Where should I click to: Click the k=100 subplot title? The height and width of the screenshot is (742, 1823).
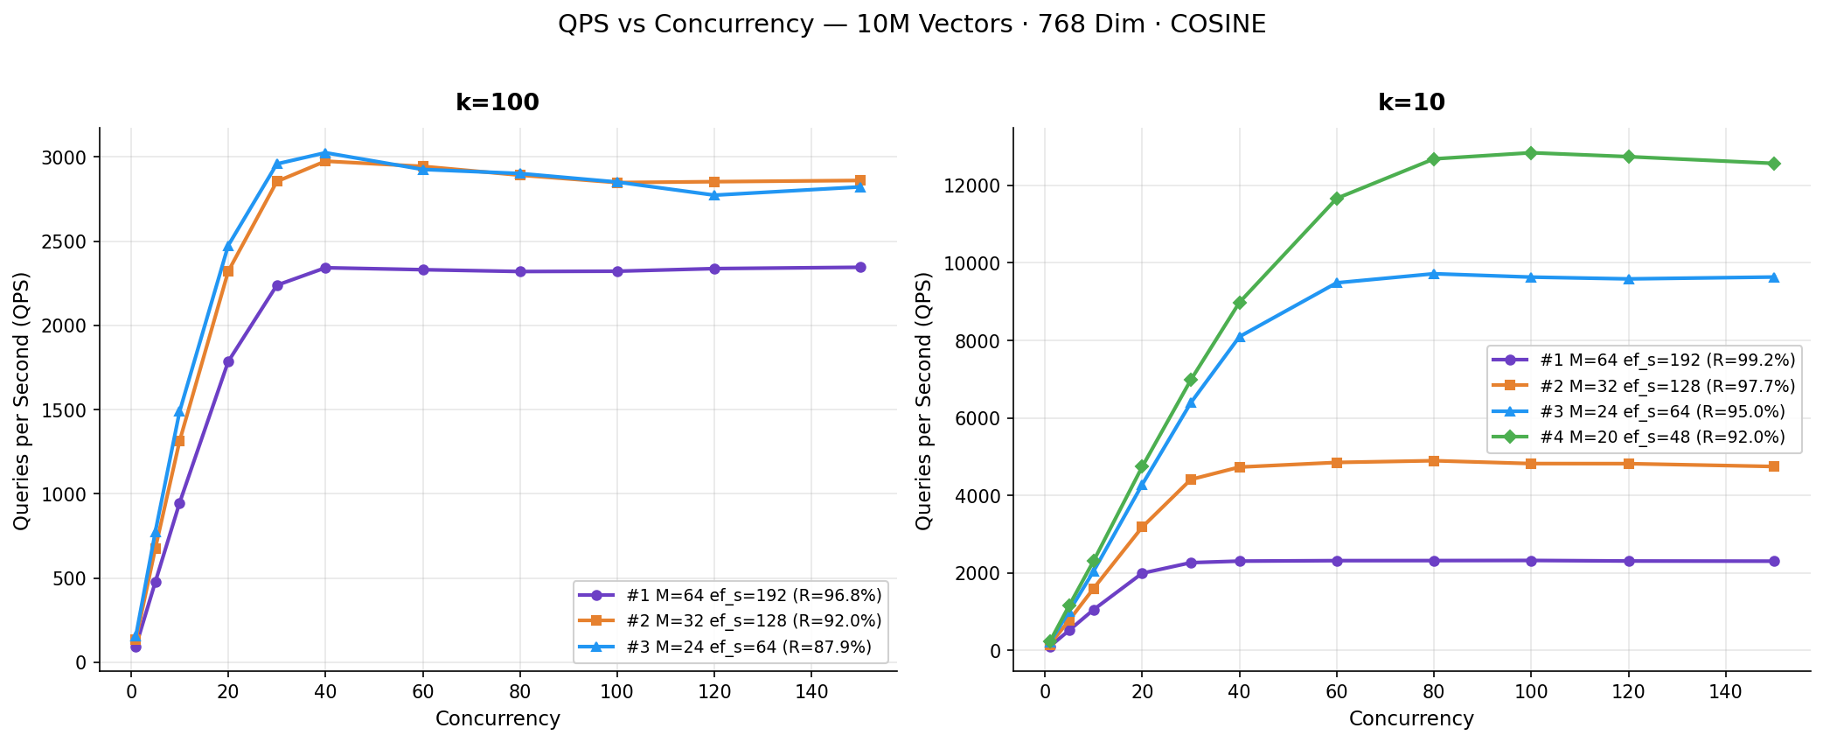pyautogui.click(x=497, y=103)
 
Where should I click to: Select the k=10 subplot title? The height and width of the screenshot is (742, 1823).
pyautogui.click(x=1411, y=103)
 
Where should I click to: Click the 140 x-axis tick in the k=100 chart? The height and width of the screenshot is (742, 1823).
pyautogui.click(x=811, y=689)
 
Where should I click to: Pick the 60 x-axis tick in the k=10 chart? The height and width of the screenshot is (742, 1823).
pyautogui.click(x=1336, y=689)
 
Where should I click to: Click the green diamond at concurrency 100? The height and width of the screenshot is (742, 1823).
pyautogui.click(x=1531, y=153)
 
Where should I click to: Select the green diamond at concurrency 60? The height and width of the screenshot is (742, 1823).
pyautogui.click(x=1336, y=199)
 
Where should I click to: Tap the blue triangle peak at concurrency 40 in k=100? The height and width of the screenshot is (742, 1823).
pyautogui.click(x=325, y=153)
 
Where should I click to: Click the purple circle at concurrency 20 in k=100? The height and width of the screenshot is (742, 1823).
pyautogui.click(x=228, y=361)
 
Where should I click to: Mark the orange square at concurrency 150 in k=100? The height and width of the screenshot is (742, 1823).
pyautogui.click(x=860, y=180)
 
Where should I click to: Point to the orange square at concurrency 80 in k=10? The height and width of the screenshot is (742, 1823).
pyautogui.click(x=1434, y=461)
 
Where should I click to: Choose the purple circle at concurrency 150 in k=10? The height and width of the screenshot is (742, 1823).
pyautogui.click(x=1774, y=561)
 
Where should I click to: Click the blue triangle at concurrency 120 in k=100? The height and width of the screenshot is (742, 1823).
pyautogui.click(x=714, y=195)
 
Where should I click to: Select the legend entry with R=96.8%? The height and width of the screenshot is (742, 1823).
pyautogui.click(x=730, y=595)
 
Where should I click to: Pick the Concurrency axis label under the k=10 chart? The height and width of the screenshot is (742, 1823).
pyautogui.click(x=1411, y=719)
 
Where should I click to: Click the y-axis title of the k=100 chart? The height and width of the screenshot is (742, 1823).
pyautogui.click(x=22, y=400)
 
